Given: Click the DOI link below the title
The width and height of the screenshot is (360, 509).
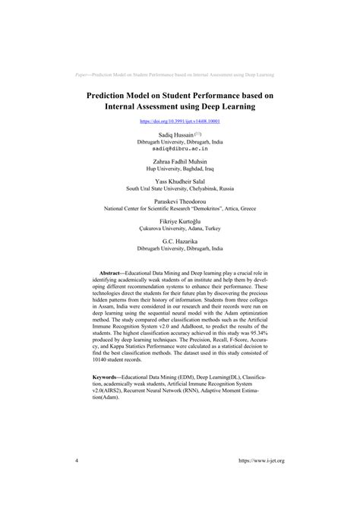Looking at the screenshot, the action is [180, 121].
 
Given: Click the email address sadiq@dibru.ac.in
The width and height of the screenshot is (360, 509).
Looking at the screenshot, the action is [180, 150].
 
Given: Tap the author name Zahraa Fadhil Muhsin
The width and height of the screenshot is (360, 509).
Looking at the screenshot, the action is [180, 163].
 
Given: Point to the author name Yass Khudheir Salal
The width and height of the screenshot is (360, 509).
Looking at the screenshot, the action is [180, 182].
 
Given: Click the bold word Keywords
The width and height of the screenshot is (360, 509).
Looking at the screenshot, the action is [109, 376].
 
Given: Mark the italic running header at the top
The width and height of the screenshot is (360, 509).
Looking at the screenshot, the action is [180, 74].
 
